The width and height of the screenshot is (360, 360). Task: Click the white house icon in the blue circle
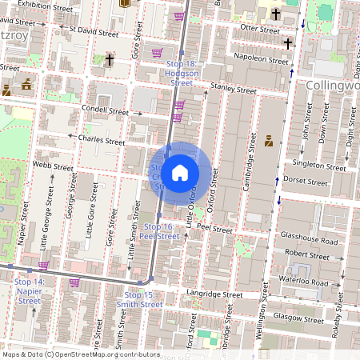(x=180, y=173)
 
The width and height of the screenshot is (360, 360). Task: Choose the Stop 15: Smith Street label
(x=139, y=300)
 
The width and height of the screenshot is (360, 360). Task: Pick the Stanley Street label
(x=226, y=86)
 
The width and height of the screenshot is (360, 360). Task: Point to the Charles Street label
(x=102, y=140)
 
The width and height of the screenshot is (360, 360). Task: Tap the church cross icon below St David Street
(x=109, y=60)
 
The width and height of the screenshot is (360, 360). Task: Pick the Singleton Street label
(x=319, y=165)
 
